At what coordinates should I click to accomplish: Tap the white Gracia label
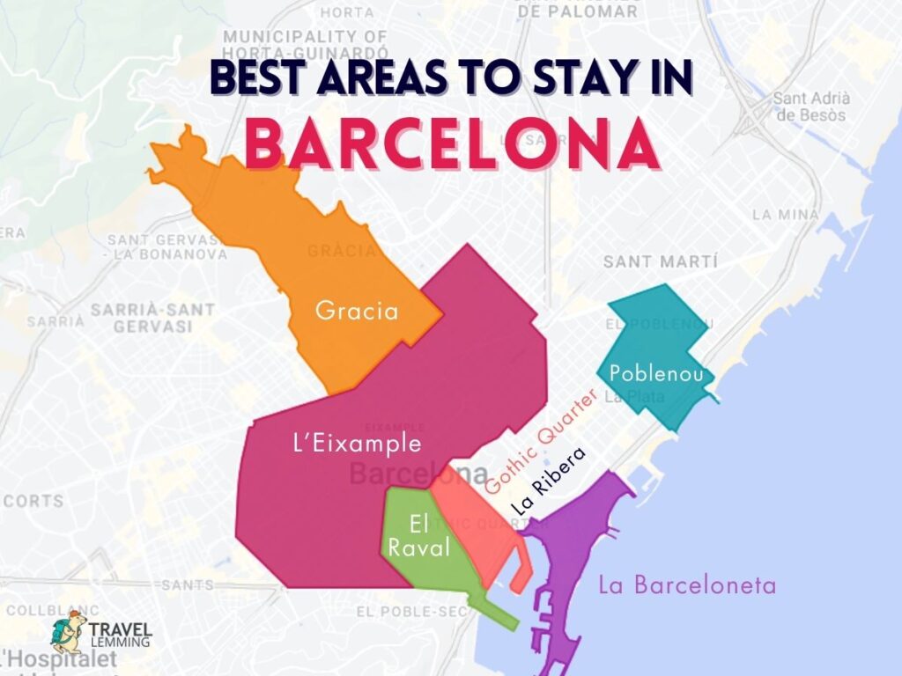pos(357,311)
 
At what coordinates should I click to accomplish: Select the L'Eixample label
pos(356,443)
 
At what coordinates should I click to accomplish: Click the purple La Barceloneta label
pos(687,584)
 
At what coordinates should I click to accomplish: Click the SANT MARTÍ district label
pos(661,261)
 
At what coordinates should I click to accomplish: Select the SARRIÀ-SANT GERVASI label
pos(152,318)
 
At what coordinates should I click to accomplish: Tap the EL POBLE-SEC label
pos(406,611)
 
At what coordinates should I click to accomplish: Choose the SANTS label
pos(188,584)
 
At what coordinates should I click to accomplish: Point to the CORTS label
pos(33,501)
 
